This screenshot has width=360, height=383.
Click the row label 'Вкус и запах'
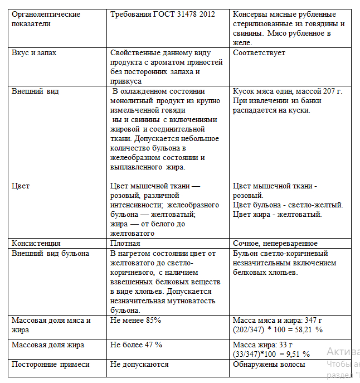tap(34, 52)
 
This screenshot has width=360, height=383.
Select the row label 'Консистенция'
tap(36, 243)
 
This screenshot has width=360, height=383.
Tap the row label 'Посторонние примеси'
tap(51, 364)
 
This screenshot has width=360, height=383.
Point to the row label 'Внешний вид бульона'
tap(50, 253)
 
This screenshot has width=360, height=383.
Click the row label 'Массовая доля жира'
tap(48, 345)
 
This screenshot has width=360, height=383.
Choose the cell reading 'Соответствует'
tap(259, 52)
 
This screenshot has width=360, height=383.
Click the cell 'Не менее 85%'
tap(136, 320)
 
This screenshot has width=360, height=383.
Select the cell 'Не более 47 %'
tap(137, 345)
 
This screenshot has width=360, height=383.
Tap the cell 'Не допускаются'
tap(139, 364)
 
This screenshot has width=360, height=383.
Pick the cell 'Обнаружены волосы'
tap(269, 364)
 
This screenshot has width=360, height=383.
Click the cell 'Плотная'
tap(125, 243)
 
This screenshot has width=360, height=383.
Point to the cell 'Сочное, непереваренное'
tap(275, 243)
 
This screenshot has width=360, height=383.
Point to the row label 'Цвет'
tap(21, 185)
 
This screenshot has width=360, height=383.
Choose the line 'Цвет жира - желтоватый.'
tap(277, 214)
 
